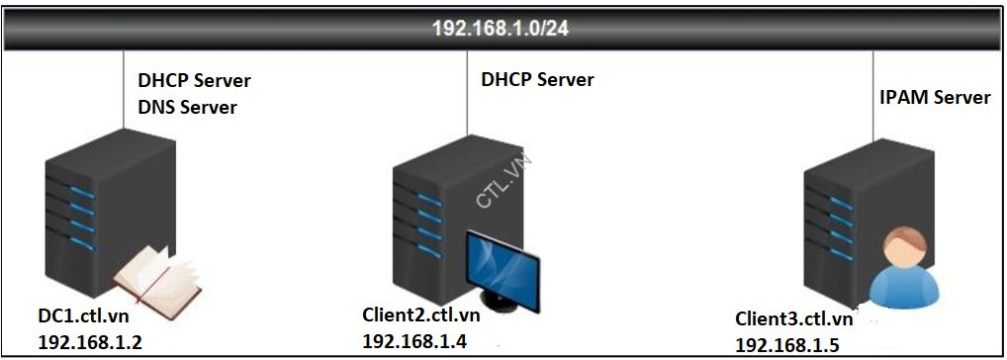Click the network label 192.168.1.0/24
tap(500, 28)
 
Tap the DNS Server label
tap(186, 106)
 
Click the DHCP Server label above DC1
tap(193, 80)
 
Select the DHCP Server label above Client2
tap(537, 79)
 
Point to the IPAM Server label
tap(935, 97)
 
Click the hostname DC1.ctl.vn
tap(84, 318)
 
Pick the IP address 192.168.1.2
tap(89, 342)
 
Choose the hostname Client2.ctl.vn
tap(421, 315)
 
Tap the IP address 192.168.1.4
tap(414, 340)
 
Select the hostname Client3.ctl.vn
tap(793, 318)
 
